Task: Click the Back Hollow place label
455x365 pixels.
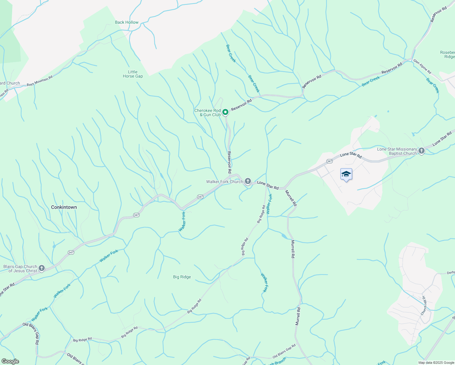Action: [127, 22]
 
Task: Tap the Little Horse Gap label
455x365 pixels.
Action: [133, 74]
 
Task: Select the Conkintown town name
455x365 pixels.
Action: [64, 207]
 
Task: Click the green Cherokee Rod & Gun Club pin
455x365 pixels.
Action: [225, 112]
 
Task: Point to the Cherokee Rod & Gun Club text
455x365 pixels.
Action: [207, 113]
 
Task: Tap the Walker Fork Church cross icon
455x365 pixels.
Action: [248, 182]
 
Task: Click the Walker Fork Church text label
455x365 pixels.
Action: [224, 182]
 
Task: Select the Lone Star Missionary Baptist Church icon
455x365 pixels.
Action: [421, 151]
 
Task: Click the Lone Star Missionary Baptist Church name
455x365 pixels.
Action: [397, 151]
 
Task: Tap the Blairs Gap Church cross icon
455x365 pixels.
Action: [42, 268]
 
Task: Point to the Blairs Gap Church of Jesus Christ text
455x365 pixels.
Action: [20, 269]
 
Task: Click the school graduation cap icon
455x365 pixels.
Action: [346, 174]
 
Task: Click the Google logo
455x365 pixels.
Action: [10, 361]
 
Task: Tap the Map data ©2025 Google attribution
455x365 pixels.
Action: [436, 363]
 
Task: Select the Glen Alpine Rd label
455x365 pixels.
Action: [422, 66]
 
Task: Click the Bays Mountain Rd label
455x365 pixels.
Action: [40, 81]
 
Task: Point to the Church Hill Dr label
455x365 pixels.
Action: [423, 305]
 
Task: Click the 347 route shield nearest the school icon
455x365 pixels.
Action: [329, 161]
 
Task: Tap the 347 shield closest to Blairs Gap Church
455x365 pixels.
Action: [71, 252]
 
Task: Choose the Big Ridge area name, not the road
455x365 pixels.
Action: [182, 277]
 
